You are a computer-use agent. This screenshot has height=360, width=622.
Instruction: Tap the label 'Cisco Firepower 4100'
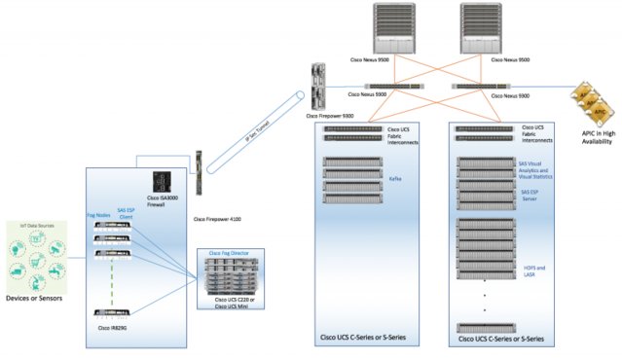[216, 220]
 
